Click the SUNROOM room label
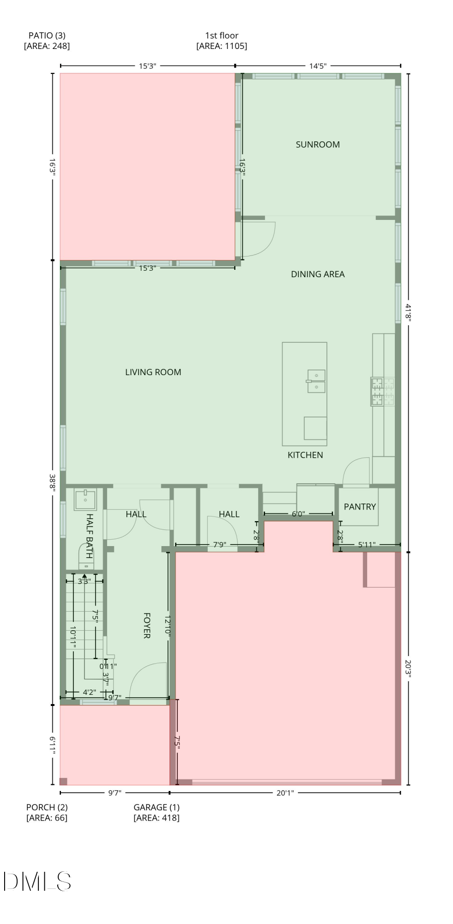[318, 145]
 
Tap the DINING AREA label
[318, 274]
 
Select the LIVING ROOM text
[153, 372]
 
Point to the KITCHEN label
[305, 455]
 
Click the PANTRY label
[360, 507]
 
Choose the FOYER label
[147, 626]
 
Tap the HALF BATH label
[90, 536]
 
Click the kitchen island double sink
[316, 381]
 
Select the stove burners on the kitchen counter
[382, 392]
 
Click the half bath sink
[85, 500]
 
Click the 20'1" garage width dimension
[285, 793]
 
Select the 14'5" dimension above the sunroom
[318, 66]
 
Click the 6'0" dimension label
[298, 514]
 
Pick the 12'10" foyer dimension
[168, 626]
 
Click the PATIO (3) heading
[47, 36]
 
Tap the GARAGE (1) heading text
[157, 808]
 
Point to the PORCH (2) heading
[47, 808]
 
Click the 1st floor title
[222, 36]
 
